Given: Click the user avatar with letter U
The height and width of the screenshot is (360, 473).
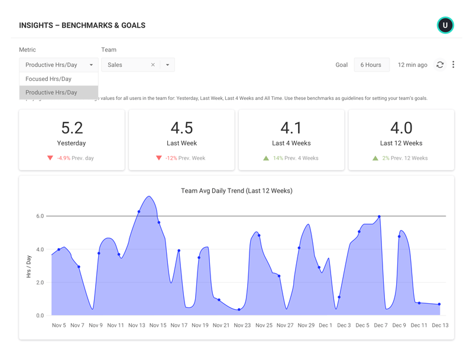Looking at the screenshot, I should click(445, 25).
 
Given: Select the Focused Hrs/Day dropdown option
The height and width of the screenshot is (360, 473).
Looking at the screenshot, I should click(48, 79).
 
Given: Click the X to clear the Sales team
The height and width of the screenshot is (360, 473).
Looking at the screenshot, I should click(153, 65).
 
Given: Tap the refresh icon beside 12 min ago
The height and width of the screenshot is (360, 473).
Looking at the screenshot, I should click(440, 65).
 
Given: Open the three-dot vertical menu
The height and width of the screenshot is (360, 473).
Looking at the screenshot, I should click(453, 64).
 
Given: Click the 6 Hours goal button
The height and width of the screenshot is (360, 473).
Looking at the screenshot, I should click(371, 65).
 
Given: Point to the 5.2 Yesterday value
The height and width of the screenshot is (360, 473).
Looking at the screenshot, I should click(72, 128).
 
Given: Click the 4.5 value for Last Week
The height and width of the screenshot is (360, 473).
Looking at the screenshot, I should click(182, 128).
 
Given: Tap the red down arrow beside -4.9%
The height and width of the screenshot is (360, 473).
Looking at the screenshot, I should click(50, 158).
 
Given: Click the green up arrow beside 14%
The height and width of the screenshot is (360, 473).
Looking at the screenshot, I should click(266, 158).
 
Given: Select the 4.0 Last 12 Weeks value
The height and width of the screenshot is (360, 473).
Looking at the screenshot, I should click(401, 128).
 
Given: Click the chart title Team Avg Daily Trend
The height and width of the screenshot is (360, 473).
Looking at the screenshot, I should click(237, 191).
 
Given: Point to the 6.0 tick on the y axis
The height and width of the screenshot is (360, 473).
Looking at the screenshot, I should click(40, 216).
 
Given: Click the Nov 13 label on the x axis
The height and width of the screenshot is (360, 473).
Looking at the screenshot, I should click(137, 325).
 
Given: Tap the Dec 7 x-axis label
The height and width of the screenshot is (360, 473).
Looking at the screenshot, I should click(380, 325).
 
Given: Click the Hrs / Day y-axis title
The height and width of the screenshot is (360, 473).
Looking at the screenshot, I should click(28, 267).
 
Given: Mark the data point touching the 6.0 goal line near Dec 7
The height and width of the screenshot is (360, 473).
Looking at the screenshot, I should click(379, 217).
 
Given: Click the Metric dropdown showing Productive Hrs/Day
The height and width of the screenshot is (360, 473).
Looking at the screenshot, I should click(59, 65).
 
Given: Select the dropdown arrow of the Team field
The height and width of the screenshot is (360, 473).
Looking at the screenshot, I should click(167, 65).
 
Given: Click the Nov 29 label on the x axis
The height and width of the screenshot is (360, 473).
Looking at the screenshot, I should click(306, 325).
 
